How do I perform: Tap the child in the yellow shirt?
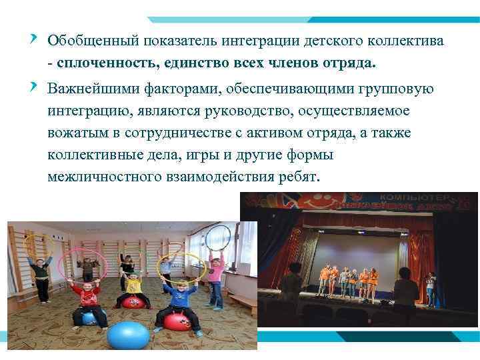pos(133,287)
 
